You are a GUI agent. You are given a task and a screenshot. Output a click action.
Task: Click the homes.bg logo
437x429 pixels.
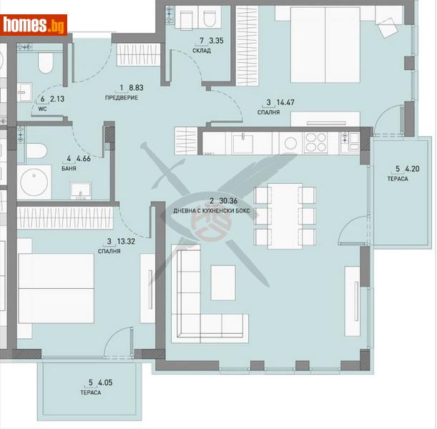[34, 24]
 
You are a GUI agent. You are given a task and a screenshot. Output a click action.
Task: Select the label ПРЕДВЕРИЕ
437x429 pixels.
[121, 97]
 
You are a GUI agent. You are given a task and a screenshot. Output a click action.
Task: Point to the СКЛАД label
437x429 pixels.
[201, 50]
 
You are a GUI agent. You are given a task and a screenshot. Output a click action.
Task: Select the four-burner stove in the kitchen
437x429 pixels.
[315, 142]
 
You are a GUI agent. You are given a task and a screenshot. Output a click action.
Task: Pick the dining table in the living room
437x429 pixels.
[285, 214]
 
